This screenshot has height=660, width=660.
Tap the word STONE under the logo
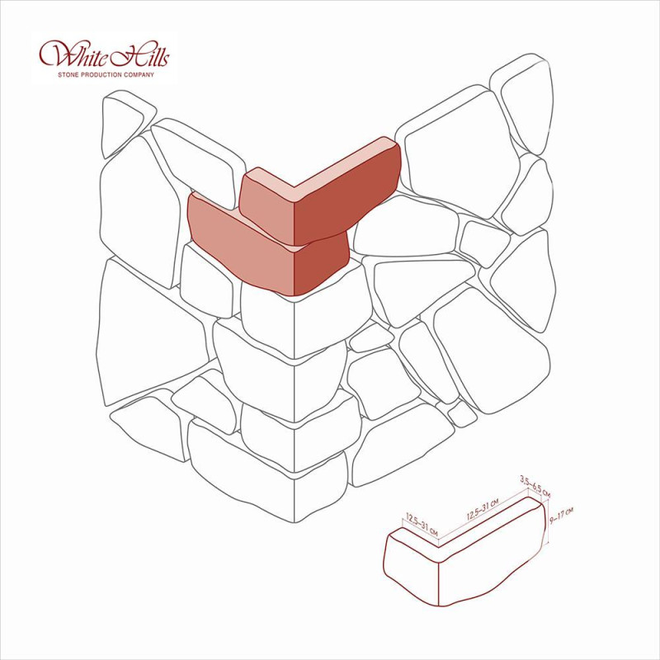coord(67,75)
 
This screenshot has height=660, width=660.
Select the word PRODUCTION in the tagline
coord(100,75)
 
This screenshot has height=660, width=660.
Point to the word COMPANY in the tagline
coord(139,75)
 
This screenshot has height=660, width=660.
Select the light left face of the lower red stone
coord(240,248)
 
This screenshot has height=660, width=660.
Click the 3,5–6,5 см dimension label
coord(535,486)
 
